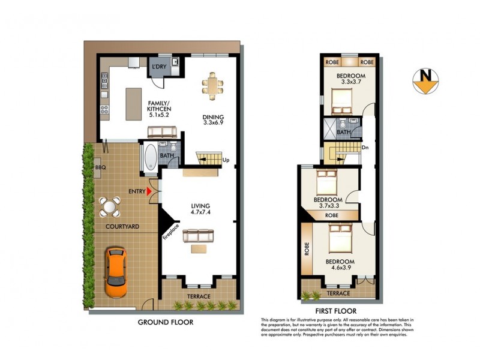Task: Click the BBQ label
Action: click(x=100, y=168)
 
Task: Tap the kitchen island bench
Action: click(x=134, y=101)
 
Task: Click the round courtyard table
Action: click(x=109, y=208)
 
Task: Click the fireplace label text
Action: click(x=169, y=229)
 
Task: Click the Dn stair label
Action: click(x=365, y=148)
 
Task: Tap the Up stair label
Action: click(x=226, y=160)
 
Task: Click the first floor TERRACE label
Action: click(x=338, y=293)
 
